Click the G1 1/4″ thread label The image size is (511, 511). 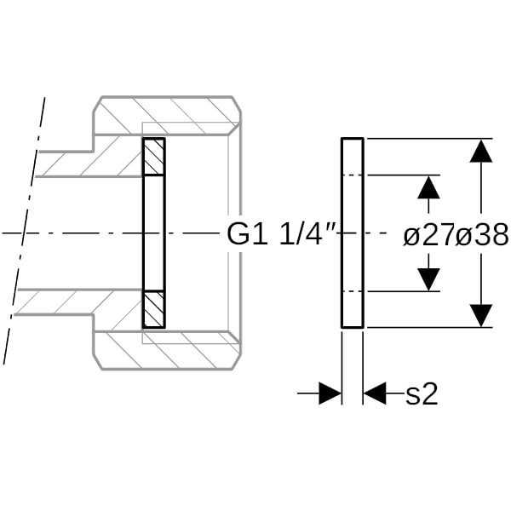point(280,233)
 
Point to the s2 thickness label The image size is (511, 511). point(422,393)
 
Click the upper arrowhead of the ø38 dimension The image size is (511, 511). point(481,151)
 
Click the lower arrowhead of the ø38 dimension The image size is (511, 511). point(481,315)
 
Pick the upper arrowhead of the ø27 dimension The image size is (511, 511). point(428,187)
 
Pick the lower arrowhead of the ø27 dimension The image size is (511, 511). point(428,279)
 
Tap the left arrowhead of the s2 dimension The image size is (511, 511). point(330,393)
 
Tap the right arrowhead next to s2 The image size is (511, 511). point(375,393)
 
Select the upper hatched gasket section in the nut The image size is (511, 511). point(154,157)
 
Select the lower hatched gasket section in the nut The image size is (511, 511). point(154,309)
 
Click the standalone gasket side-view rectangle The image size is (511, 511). point(353,233)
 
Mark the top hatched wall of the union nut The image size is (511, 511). point(167,115)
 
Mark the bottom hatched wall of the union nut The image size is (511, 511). point(167,351)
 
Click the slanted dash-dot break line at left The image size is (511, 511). point(24,231)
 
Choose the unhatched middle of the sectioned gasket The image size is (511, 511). point(154,233)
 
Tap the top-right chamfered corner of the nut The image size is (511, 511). point(237,105)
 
